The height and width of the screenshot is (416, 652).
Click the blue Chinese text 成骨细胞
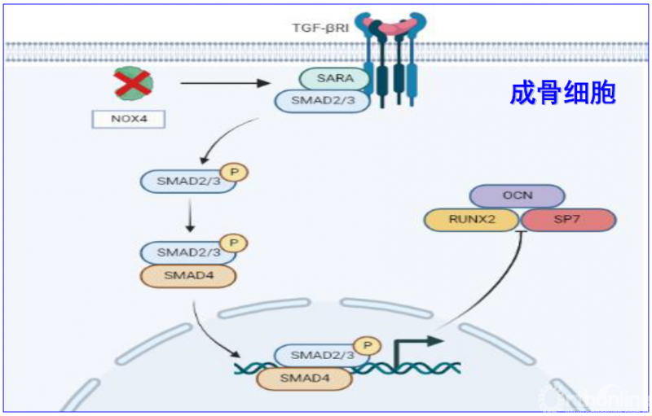[562, 92]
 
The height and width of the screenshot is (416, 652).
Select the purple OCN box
[518, 195]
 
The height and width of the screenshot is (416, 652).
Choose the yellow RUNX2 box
[472, 218]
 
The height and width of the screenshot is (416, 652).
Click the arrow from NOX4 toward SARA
[224, 83]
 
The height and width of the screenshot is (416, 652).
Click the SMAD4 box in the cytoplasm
[188, 275]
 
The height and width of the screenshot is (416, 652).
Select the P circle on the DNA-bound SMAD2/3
[368, 345]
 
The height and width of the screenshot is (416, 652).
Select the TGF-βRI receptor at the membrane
[391, 65]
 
